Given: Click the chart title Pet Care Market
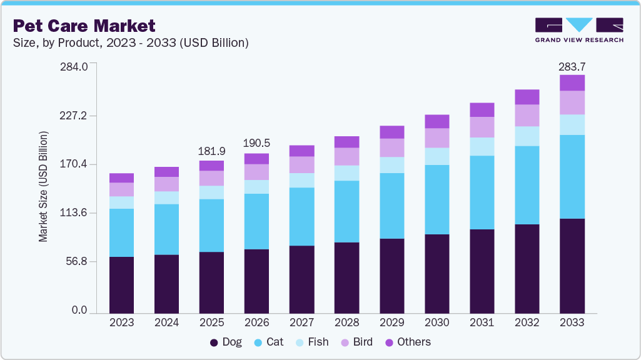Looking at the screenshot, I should tap(84, 26).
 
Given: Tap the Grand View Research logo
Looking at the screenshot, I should tap(578, 29).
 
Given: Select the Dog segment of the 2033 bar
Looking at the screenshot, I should tap(572, 266).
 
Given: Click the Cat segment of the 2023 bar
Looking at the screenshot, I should tap(121, 232).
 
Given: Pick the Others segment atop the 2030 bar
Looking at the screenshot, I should tap(437, 121).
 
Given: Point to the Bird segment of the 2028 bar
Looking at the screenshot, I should tap(346, 156).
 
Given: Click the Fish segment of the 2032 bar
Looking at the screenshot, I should tap(527, 136).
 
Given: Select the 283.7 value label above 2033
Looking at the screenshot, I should tap(572, 67).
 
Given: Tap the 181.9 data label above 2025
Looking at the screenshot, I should tap(211, 152).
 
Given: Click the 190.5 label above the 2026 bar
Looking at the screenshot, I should tap(256, 144).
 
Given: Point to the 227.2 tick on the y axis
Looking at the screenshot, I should tap(74, 116).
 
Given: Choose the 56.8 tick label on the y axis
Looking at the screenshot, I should tap(77, 262).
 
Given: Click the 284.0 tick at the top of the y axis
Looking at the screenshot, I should tap(74, 66).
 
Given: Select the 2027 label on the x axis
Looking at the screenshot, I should tap(301, 323).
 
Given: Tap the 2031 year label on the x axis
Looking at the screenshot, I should tap(482, 323).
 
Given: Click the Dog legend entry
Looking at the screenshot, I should tap(226, 342).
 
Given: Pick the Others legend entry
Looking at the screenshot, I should tap(408, 342).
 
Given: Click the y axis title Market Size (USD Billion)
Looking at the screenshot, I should tap(43, 186).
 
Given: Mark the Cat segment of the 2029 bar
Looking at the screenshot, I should tap(391, 206).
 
